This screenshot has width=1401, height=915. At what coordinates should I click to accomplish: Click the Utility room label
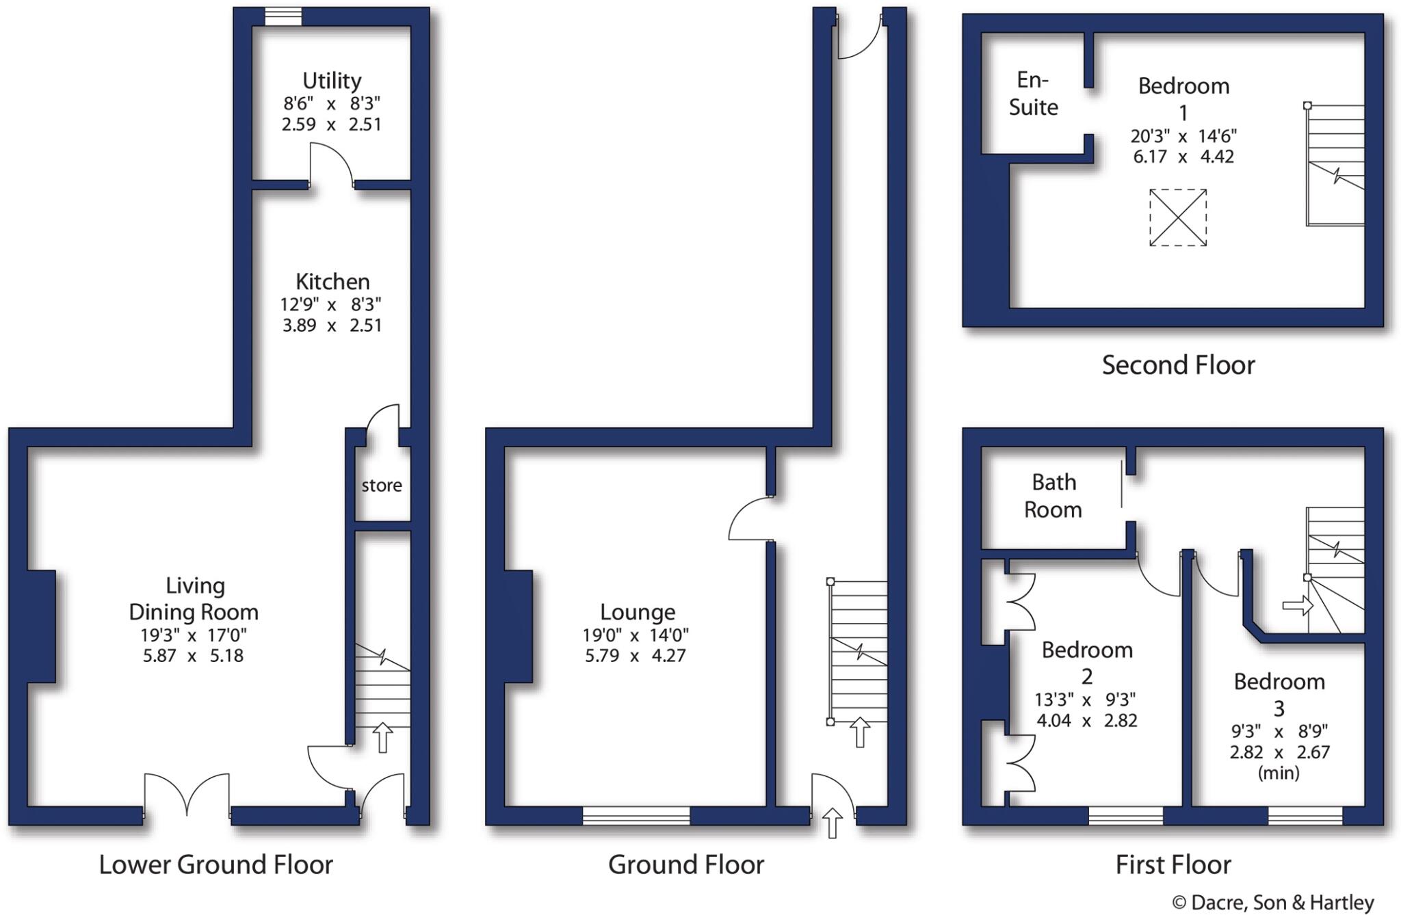point(332,81)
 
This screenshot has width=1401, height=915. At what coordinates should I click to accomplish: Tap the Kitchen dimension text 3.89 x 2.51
point(332,325)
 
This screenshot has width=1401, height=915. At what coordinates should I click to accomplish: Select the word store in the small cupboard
point(382,486)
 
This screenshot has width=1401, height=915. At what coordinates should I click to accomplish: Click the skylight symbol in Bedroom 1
point(1177,217)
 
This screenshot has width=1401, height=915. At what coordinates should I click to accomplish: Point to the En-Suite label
point(1033,94)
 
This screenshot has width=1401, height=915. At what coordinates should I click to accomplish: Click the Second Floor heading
point(1178,365)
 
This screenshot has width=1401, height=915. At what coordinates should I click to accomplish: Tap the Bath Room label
point(1053,496)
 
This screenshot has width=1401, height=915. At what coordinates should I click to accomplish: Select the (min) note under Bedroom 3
point(1278,773)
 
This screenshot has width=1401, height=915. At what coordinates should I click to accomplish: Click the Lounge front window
point(636,815)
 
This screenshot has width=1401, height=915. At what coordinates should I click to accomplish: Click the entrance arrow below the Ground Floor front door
point(832,823)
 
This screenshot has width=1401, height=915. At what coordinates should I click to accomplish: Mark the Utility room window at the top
point(283,16)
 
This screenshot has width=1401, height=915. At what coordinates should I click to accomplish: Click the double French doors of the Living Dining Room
point(187,797)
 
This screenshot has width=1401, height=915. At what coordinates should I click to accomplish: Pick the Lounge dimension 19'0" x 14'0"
point(636,635)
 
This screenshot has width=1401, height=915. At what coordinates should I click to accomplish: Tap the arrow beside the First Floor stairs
point(1297,605)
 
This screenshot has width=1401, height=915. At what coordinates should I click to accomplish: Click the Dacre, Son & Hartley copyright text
point(1272,903)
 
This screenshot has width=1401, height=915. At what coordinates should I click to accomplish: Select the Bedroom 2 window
point(1125,815)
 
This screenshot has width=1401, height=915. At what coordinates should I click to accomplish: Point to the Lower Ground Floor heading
point(215,865)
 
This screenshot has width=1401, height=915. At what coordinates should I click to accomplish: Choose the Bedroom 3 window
point(1305,815)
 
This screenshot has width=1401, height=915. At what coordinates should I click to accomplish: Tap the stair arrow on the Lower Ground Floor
point(382,738)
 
